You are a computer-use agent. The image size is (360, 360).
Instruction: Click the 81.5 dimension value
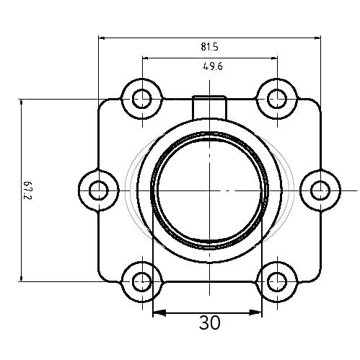[209, 47]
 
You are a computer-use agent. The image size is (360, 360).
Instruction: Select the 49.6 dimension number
[211, 67]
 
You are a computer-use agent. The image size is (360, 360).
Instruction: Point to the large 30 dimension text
[209, 322]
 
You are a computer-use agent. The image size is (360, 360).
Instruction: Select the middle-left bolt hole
[98, 190]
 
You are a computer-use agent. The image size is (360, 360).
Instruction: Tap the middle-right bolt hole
[320, 190]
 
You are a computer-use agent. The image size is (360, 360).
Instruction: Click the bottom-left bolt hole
[141, 282]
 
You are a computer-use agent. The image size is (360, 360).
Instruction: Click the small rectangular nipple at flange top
[209, 105]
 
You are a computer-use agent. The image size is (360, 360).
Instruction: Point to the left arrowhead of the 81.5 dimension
[102, 38]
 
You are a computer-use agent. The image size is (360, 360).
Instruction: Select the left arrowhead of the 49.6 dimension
[145, 58]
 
